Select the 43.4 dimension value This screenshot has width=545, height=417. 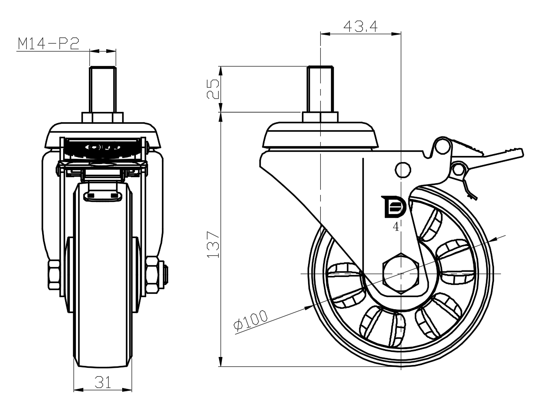(360, 27)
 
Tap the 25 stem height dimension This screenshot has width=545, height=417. (213, 89)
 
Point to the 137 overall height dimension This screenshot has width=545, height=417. (213, 244)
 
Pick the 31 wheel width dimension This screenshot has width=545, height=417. (103, 383)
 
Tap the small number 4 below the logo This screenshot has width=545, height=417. (396, 227)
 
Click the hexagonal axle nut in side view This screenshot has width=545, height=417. (401, 273)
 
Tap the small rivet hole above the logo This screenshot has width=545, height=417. (401, 170)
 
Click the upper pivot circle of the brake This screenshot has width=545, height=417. (441, 147)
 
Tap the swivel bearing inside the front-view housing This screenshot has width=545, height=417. (103, 149)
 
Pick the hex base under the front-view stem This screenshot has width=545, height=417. (103, 117)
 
